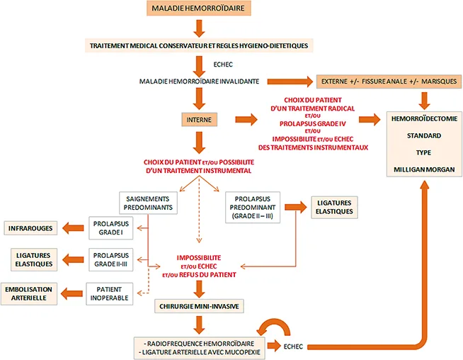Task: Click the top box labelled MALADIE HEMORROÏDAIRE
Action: (199, 9)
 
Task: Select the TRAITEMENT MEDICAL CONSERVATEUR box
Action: (199, 45)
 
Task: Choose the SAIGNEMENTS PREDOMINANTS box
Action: (148, 203)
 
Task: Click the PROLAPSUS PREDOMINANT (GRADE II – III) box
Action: (252, 206)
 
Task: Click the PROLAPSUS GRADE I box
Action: (110, 228)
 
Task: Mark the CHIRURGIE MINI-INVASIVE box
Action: (199, 305)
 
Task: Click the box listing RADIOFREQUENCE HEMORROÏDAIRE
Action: (199, 347)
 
